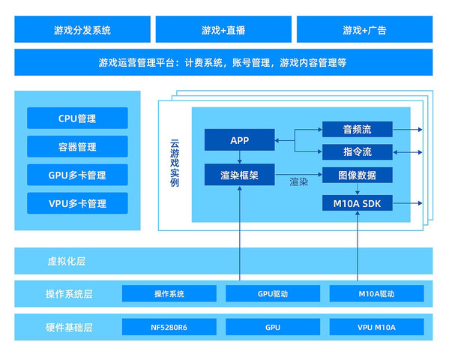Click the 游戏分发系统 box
[x=82, y=30]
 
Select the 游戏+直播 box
[x=223, y=30]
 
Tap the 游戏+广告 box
[x=364, y=30]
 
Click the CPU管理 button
[x=77, y=118]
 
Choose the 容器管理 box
[x=77, y=147]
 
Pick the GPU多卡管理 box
[x=77, y=175]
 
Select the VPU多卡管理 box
[x=77, y=203]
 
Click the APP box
[x=239, y=140]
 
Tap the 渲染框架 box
[x=239, y=175]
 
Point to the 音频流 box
[x=358, y=129]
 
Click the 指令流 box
[x=358, y=152]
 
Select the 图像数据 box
[x=358, y=175]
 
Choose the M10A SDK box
[x=358, y=203]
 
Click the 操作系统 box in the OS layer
[x=169, y=293]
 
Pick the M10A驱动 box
[x=376, y=293]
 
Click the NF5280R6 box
[x=169, y=327]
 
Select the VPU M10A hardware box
[x=376, y=327]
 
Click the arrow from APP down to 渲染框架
[x=239, y=157]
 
